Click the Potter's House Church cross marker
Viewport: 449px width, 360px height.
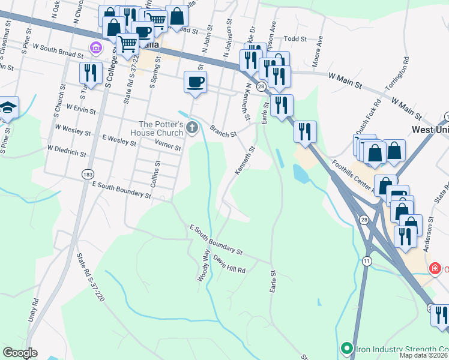pyautogui.click(x=192, y=127)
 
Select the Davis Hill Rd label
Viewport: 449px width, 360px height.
pyautogui.click(x=229, y=266)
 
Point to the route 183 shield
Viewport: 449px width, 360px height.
pyautogui.click(x=88, y=174)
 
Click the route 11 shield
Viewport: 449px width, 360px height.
pyautogui.click(x=367, y=261)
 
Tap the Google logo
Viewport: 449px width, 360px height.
pyautogui.click(x=20, y=353)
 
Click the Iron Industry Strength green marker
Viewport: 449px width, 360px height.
pyautogui.click(x=346, y=348)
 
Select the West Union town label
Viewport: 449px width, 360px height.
pyautogui.click(x=430, y=130)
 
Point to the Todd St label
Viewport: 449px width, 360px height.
pyautogui.click(x=295, y=38)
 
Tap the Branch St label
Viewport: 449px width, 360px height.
pyautogui.click(x=223, y=131)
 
